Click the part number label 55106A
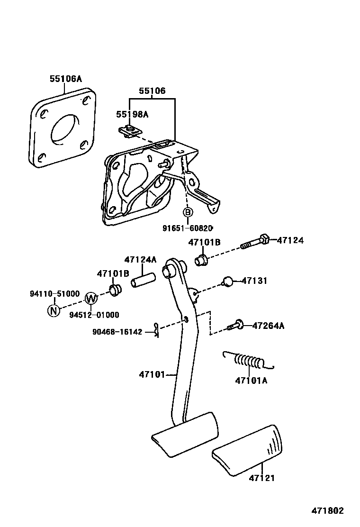pyautogui.click(x=66, y=79)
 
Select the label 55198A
pyautogui.click(x=133, y=114)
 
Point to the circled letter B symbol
pyautogui.click(x=188, y=212)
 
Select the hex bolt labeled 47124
pyautogui.click(x=256, y=242)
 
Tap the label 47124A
pyautogui.click(x=140, y=260)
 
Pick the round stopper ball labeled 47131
pyautogui.click(x=228, y=282)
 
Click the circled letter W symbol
pyautogui.click(x=91, y=299)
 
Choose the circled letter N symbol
pyautogui.click(x=54, y=310)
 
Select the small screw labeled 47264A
pyautogui.click(x=235, y=325)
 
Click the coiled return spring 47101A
pyautogui.click(x=248, y=362)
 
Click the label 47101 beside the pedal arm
pyautogui.click(x=152, y=374)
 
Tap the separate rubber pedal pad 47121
pyautogui.click(x=248, y=448)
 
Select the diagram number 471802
pyautogui.click(x=327, y=511)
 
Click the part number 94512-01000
pyautogui.click(x=94, y=315)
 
